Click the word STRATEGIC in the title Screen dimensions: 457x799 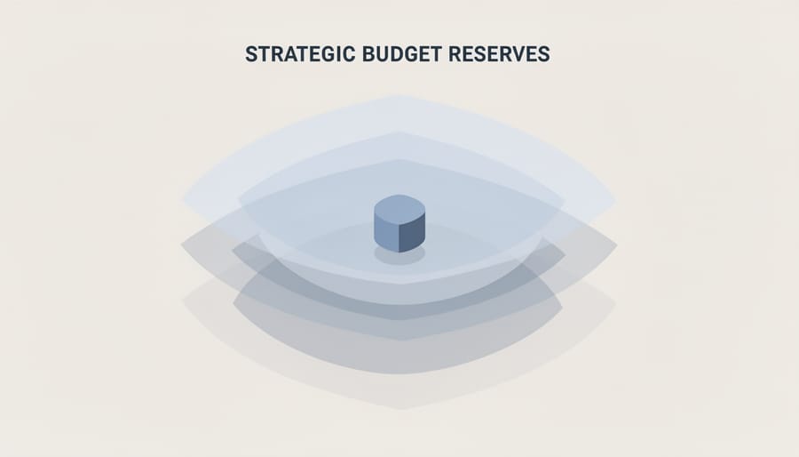(x=300, y=54)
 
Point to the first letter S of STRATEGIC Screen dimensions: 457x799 (x=250, y=54)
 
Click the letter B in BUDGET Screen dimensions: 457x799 (x=368, y=54)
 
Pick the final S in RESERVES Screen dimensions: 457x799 (x=544, y=54)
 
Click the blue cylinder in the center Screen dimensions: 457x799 (x=399, y=223)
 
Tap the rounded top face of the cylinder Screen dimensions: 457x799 (x=399, y=206)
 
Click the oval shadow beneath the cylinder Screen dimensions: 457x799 (x=399, y=255)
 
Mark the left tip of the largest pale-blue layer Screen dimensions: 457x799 (x=183, y=197)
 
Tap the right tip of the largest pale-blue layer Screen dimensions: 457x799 (x=615, y=197)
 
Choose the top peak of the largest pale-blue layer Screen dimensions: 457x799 (x=399, y=94)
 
